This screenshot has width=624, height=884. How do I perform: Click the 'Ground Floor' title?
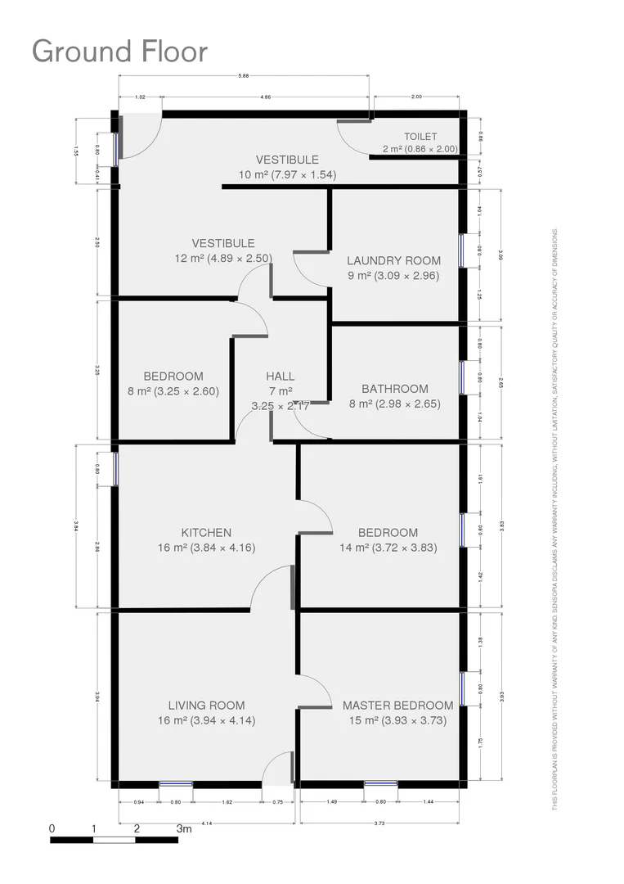119,52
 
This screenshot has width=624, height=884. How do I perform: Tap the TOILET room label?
420,137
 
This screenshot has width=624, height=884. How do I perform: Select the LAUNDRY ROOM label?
393,260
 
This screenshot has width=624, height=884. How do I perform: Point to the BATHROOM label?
395,389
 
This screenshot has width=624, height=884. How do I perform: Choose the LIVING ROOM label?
206,706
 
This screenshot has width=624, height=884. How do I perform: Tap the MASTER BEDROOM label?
397,706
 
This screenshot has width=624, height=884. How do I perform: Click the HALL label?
281,376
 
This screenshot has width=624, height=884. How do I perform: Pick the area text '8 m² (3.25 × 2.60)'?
173,391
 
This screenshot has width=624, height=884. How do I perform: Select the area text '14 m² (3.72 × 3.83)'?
388,548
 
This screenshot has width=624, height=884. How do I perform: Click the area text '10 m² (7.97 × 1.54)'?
287,174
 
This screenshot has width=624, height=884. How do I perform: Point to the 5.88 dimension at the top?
243,77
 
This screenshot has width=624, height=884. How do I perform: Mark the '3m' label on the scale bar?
184,828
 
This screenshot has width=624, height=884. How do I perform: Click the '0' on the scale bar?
52,828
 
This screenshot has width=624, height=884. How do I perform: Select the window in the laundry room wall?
462,250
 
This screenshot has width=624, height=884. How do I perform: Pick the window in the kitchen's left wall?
115,469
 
